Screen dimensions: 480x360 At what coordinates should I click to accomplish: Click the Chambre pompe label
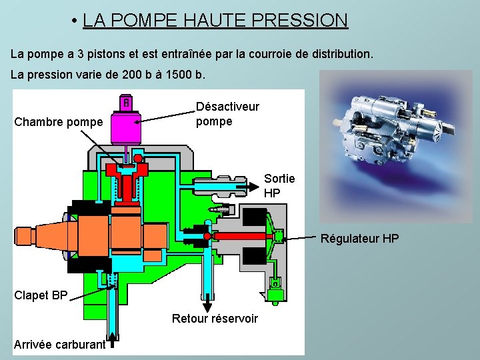pyautogui.click(x=59, y=122)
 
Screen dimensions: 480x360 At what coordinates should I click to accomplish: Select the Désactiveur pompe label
pyautogui.click(x=227, y=114)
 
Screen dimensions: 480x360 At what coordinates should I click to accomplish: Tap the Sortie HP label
pyautogui.click(x=279, y=185)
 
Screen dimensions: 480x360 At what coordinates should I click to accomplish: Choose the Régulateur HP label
pyautogui.click(x=360, y=238)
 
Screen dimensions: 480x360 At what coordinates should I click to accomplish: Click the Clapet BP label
pyautogui.click(x=41, y=295)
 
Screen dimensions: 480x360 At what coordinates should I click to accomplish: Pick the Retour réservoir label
pyautogui.click(x=215, y=319)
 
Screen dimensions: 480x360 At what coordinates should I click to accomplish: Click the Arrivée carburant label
pyautogui.click(x=59, y=344)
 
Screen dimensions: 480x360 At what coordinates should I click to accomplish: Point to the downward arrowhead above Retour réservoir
pyautogui.click(x=200, y=302)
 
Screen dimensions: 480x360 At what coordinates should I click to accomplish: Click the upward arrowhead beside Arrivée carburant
pyautogui.click(x=113, y=337)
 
